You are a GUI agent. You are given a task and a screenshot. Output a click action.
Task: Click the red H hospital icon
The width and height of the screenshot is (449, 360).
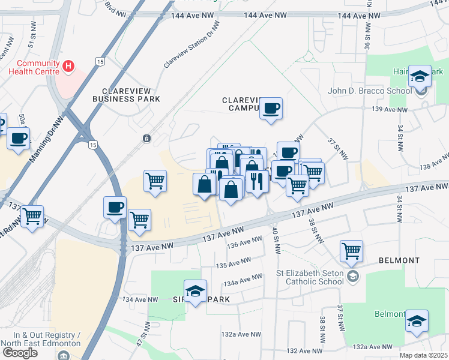[x=69, y=65]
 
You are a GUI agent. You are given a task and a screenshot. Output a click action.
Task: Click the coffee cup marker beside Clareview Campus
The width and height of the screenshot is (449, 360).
[x=271, y=109]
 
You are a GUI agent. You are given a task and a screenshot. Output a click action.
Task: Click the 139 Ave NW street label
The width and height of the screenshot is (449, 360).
[x=390, y=109]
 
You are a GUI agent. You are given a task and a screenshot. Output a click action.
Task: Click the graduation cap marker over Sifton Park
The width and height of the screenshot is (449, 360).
[x=195, y=292]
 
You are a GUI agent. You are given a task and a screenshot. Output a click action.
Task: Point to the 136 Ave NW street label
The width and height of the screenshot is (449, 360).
[x=244, y=242]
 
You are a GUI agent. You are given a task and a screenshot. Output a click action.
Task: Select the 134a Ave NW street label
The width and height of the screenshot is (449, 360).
[x=243, y=279]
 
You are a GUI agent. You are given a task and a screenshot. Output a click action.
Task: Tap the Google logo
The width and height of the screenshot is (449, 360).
[x=20, y=353]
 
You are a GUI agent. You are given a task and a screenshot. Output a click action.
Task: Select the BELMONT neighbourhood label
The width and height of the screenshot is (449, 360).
[x=399, y=260]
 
